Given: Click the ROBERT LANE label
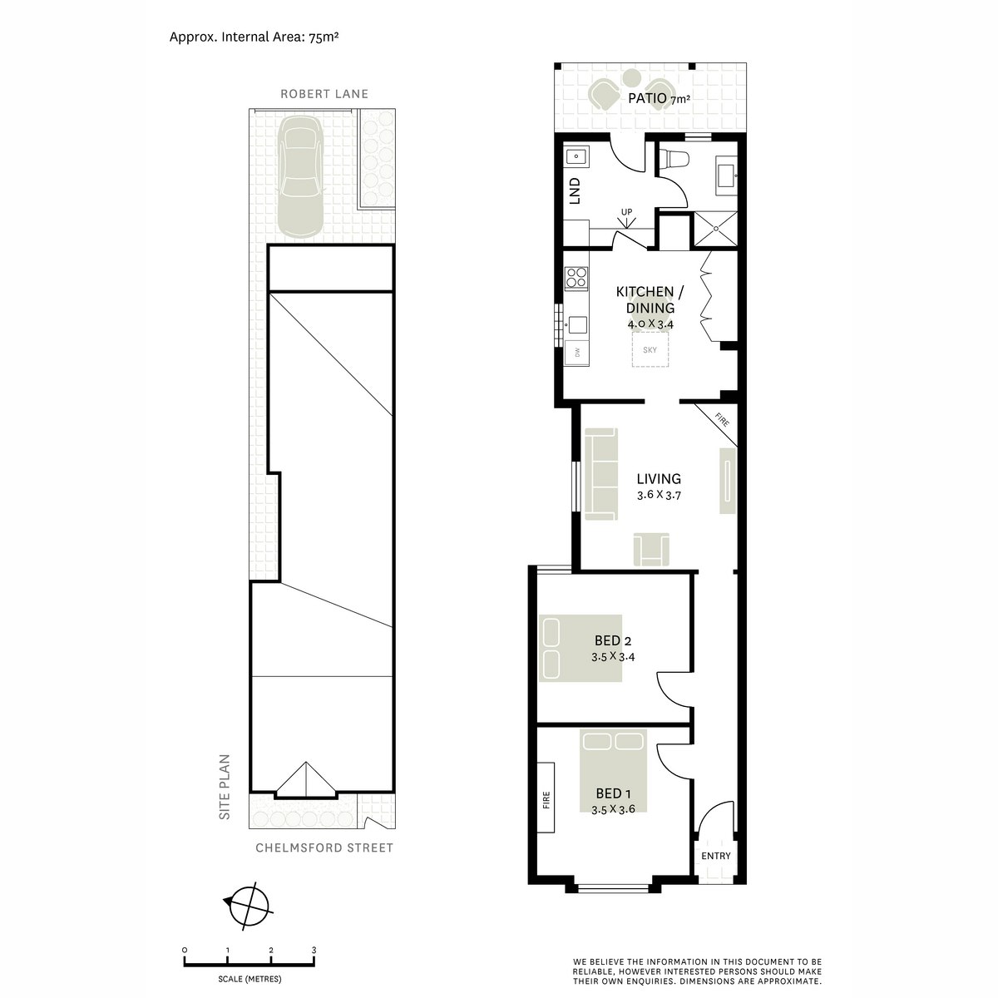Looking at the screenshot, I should point(324,94).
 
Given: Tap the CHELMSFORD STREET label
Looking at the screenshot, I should point(325,848).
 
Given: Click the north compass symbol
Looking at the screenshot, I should point(246,903).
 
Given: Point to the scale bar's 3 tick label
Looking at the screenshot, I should point(314,950).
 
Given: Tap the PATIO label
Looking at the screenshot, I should point(648,98).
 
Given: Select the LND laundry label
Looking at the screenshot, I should point(574,191).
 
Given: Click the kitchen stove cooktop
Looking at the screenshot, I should point(575,276).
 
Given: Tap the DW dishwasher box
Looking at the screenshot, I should point(576,353).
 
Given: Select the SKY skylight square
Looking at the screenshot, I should point(650,350).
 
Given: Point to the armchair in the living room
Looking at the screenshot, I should point(651,550).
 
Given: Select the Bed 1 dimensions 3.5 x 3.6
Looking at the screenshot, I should point(613,808).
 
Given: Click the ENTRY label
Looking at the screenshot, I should point(716,856).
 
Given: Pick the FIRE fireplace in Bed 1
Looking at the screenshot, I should point(546,799).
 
